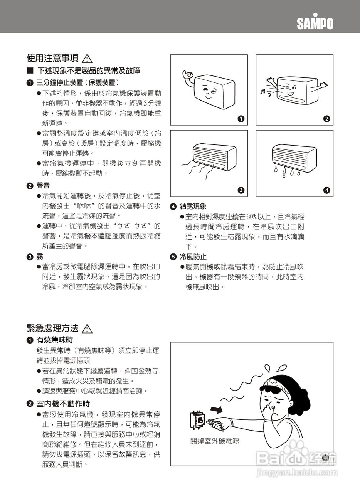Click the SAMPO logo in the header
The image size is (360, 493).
coord(315,23)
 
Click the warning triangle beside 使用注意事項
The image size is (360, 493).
coord(87,59)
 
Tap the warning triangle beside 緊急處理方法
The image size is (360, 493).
coord(87,329)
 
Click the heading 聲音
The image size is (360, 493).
coord(43,186)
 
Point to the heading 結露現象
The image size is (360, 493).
coord(193,206)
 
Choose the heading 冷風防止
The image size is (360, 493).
coord(193,257)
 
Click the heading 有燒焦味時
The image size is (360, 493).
coord(54,340)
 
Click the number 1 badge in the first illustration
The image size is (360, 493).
coord(241,119)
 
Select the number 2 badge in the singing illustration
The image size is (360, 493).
coord(326,119)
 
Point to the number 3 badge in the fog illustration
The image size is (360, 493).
coord(241,190)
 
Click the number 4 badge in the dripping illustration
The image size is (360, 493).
coord(326,190)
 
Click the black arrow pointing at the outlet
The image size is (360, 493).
coord(216,407)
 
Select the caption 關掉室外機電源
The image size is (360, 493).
coord(215,441)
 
